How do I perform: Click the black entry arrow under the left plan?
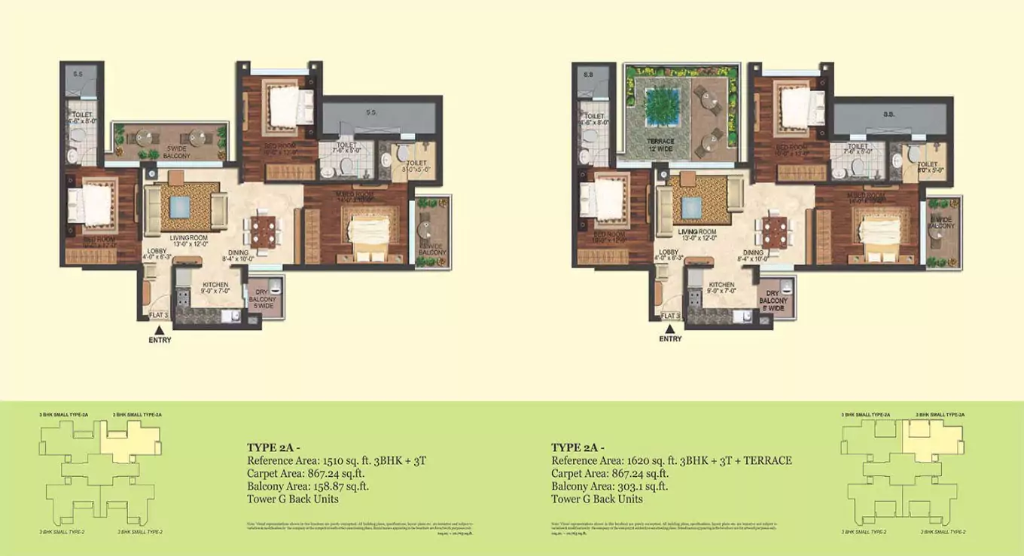point(159,329)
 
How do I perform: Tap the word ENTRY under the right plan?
point(670,339)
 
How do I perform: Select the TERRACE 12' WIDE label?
point(660,145)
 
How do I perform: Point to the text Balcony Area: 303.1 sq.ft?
point(609,486)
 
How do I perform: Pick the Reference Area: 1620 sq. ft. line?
point(671,460)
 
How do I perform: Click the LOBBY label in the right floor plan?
point(668,253)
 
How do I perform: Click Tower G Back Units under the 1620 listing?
point(596,499)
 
